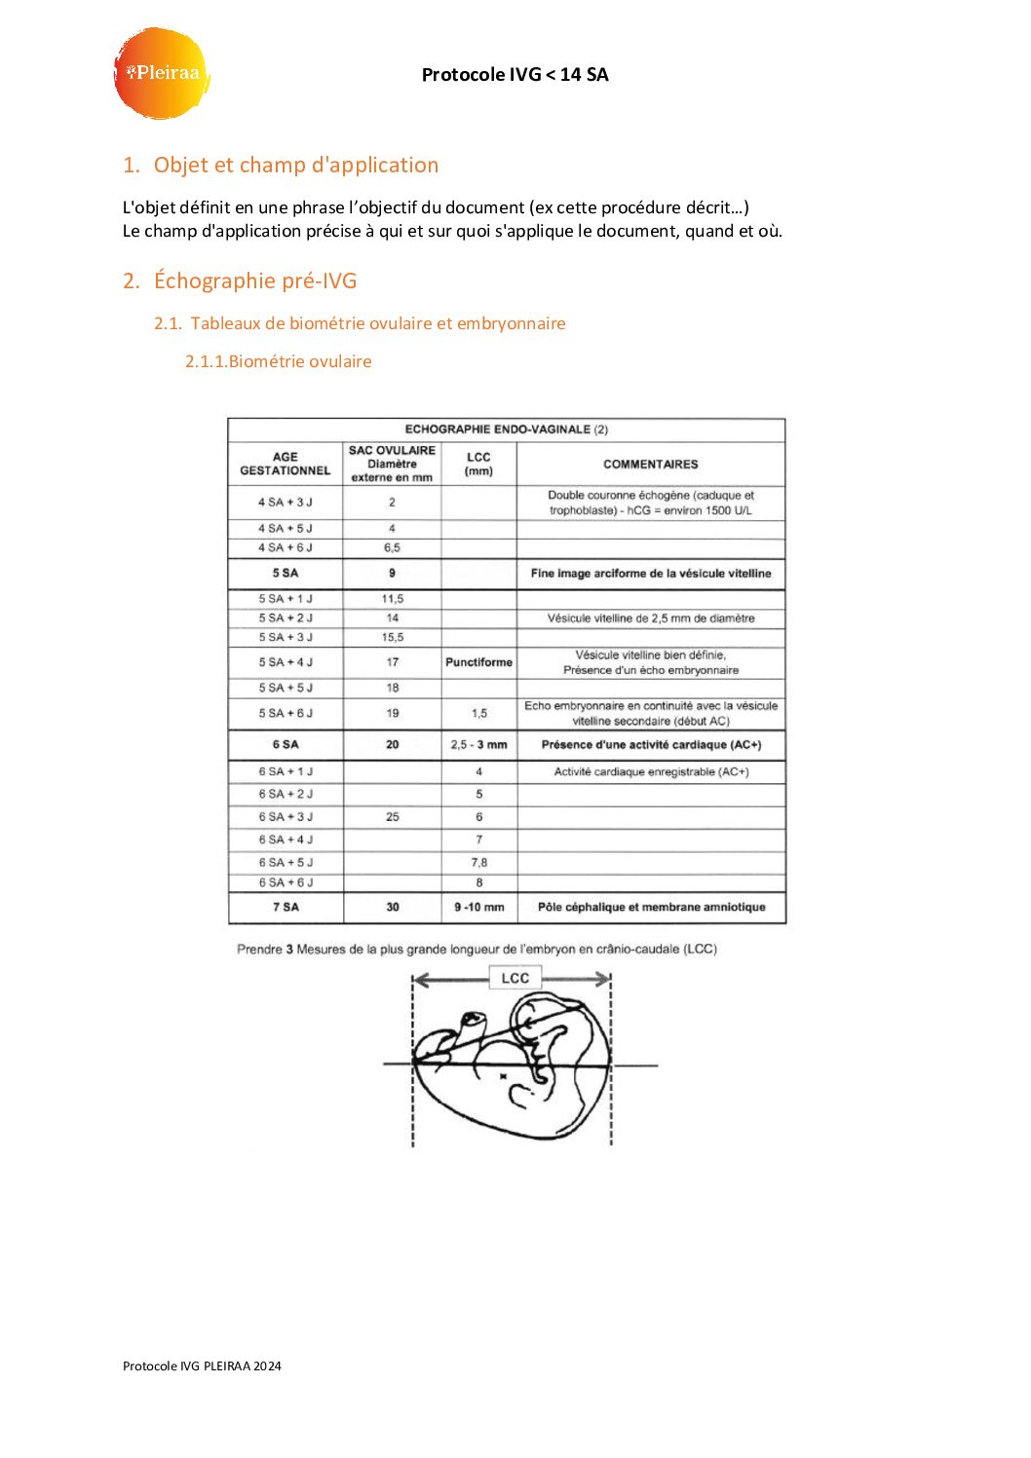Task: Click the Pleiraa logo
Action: [x=162, y=73]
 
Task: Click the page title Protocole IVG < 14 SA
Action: [x=515, y=74]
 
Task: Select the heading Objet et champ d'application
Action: [x=295, y=165]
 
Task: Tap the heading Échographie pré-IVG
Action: [x=254, y=280]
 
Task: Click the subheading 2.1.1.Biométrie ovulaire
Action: [x=278, y=361]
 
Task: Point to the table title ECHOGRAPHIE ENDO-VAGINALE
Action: [x=506, y=430]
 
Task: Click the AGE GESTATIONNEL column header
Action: [x=286, y=464]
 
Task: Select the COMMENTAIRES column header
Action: [x=650, y=465]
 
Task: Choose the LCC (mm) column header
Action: [x=478, y=464]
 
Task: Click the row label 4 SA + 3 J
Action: [x=286, y=503]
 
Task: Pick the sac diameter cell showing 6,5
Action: [x=392, y=547]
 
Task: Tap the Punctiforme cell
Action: [x=478, y=662]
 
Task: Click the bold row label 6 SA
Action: [x=286, y=745]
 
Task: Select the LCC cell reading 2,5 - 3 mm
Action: [x=478, y=745]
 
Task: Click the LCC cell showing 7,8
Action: [x=478, y=862]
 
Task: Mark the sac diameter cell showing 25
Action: [x=392, y=817]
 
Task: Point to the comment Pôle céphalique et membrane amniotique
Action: [x=651, y=907]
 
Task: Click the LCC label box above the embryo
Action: [x=515, y=978]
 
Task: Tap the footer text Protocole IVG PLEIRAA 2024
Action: [x=202, y=1365]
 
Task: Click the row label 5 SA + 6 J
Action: [x=286, y=713]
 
